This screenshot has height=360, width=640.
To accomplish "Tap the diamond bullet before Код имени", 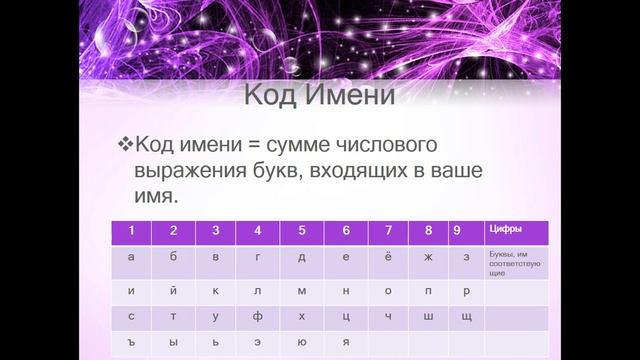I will pyautogui.click(x=125, y=142).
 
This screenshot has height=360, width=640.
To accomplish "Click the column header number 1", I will pyautogui.click(x=130, y=231).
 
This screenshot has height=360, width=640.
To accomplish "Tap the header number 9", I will pyautogui.click(x=456, y=231).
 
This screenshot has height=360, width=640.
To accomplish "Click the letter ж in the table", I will pyautogui.click(x=429, y=257).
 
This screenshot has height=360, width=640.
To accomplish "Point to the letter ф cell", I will pyautogui.click(x=259, y=315).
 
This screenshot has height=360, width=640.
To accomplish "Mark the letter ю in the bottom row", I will pyautogui.click(x=302, y=341).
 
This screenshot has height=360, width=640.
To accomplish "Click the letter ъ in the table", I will pyautogui.click(x=131, y=341).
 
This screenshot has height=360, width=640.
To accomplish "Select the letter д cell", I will pyautogui.click(x=302, y=257).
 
